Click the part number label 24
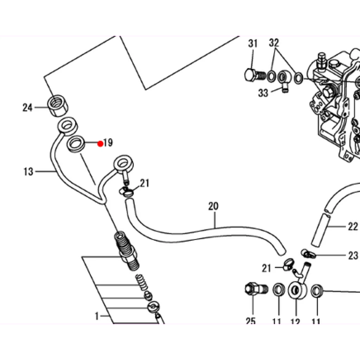tap(27, 108)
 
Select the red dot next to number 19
tap(100, 144)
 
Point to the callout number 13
tap(28, 172)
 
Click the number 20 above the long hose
tap(213, 206)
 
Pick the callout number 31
tap(253, 43)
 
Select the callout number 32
tap(274, 43)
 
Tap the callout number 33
tap(263, 93)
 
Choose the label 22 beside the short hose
tap(353, 227)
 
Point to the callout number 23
tap(353, 255)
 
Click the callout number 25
tap(250, 321)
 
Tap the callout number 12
tap(295, 321)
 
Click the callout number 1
tap(97, 316)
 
